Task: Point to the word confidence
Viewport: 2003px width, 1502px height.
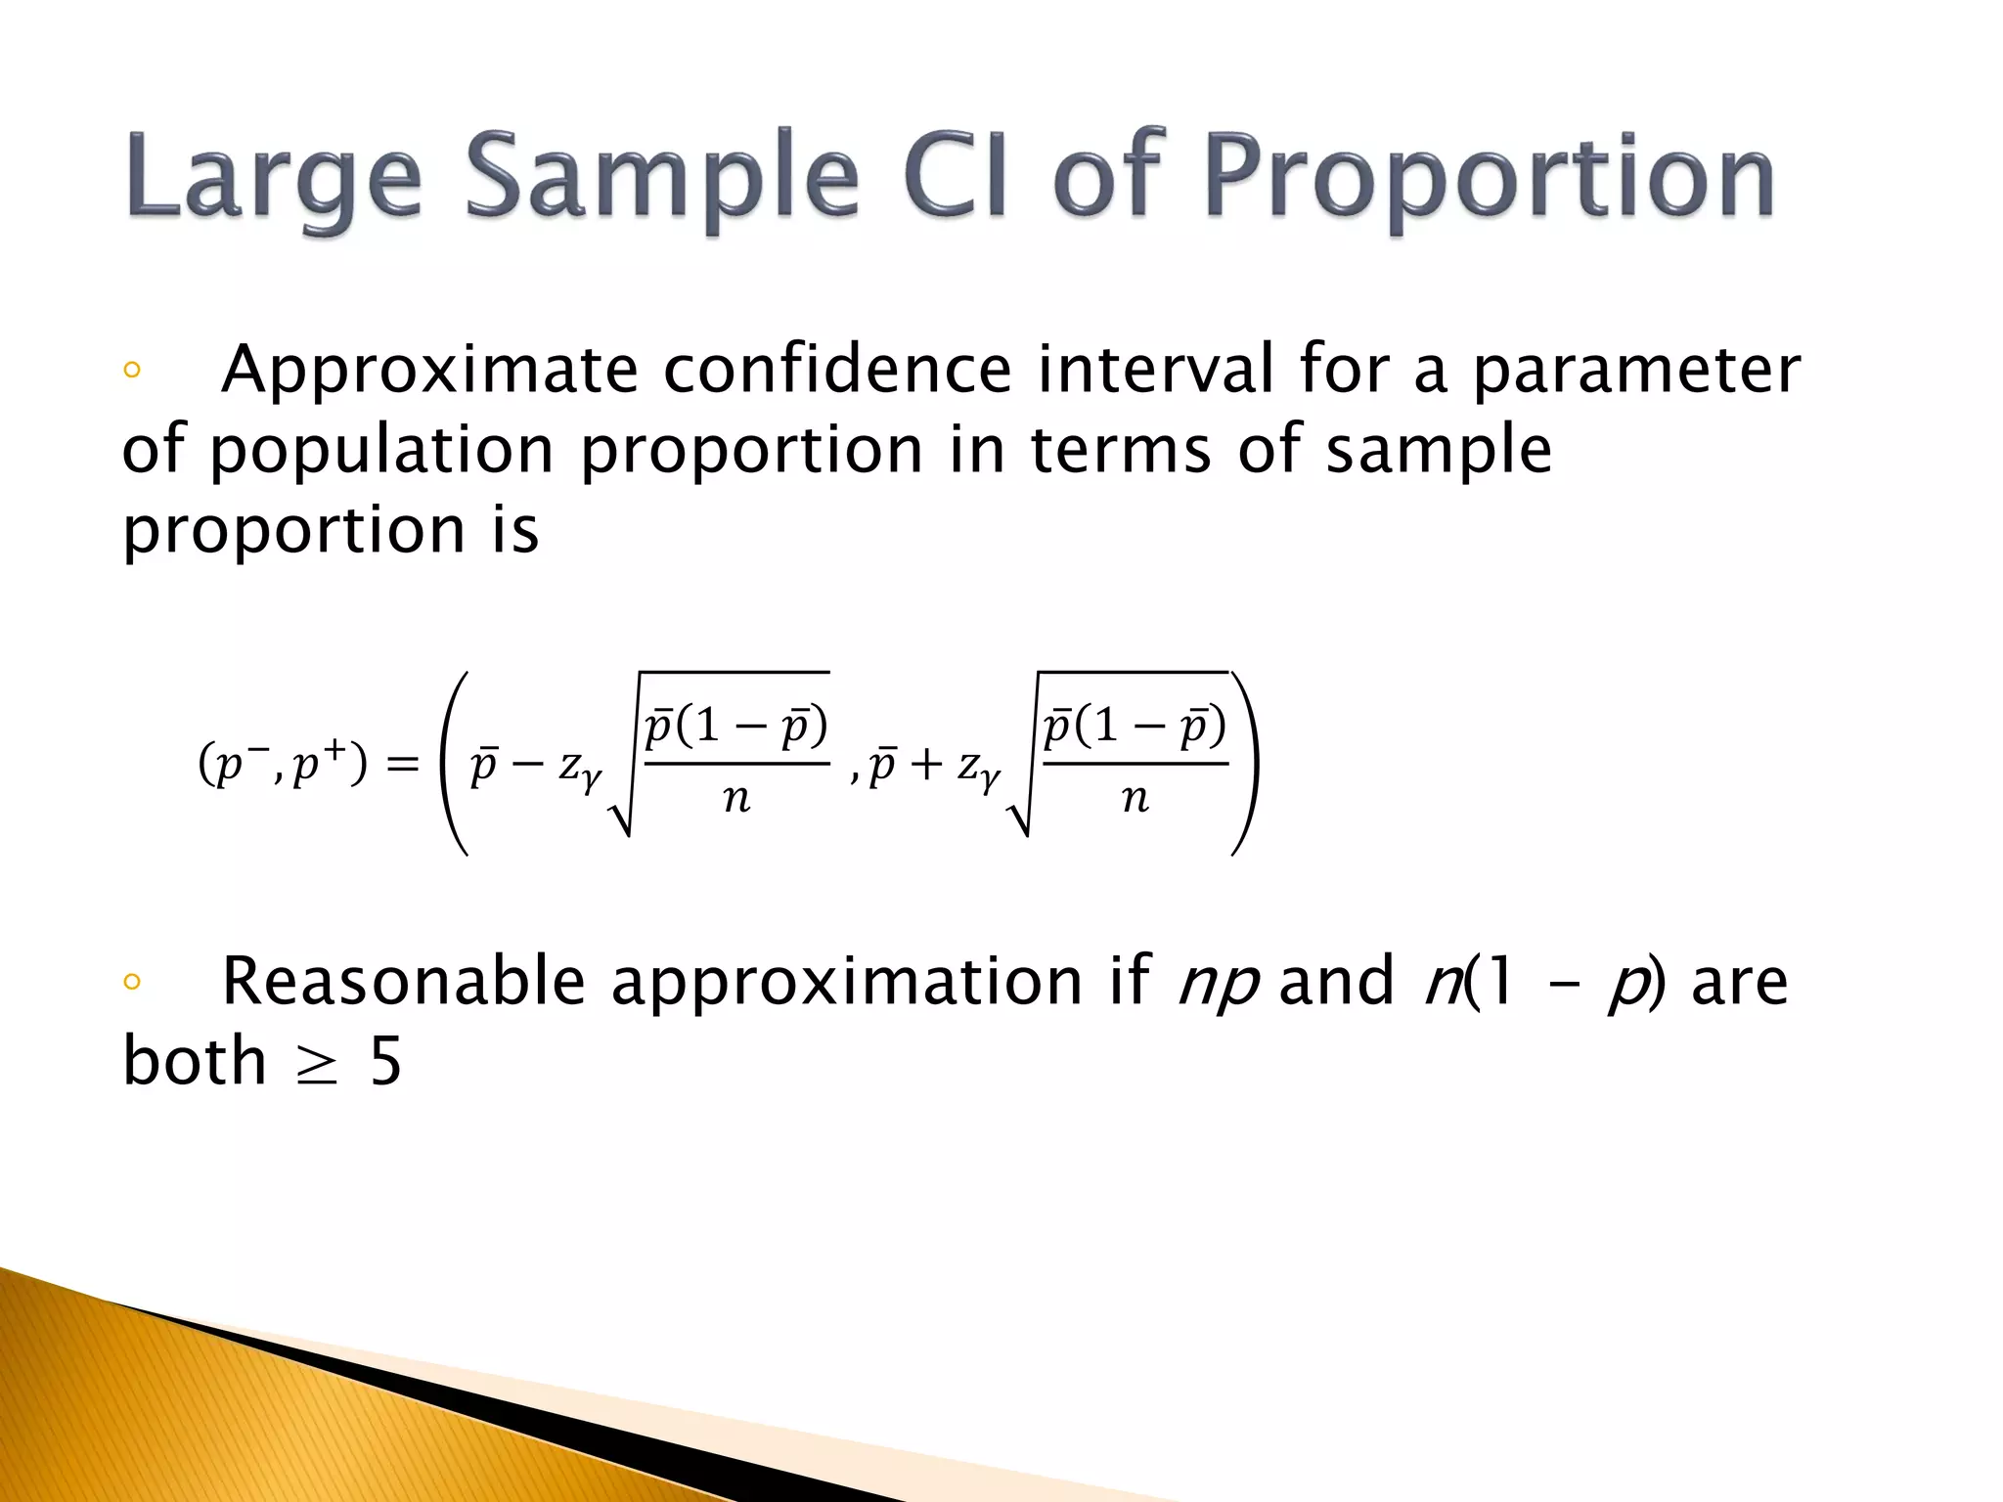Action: (x=837, y=370)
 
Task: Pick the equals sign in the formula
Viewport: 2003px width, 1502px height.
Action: (x=402, y=764)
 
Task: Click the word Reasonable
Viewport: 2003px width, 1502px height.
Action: (x=403, y=981)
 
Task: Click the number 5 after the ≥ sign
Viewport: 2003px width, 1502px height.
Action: (x=385, y=1062)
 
